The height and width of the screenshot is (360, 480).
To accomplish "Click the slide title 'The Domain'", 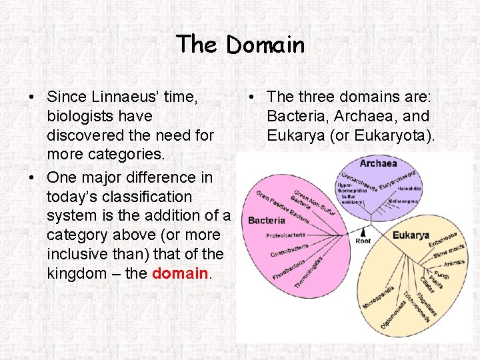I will coord(240,45).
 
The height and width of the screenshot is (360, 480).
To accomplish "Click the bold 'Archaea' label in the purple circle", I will coord(378,163).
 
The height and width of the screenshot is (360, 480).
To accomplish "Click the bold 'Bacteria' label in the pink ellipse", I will coord(267,220).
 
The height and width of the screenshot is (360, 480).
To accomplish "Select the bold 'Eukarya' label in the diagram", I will coord(411,235).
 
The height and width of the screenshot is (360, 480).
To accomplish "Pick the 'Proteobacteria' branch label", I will coord(286,235).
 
